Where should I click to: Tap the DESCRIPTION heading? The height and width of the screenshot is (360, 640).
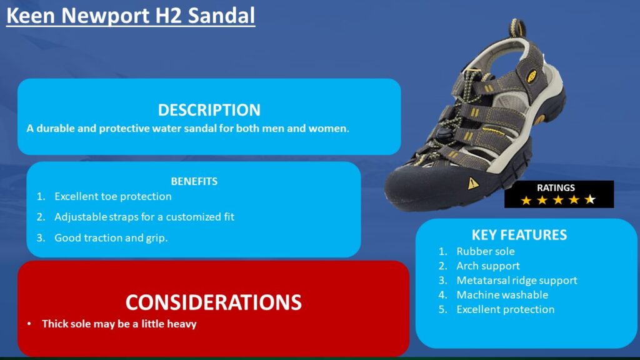(x=209, y=110)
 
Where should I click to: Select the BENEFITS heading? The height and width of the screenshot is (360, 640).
(x=194, y=181)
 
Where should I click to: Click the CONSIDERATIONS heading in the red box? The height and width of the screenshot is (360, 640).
(x=214, y=302)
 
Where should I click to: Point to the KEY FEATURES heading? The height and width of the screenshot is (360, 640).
(x=519, y=235)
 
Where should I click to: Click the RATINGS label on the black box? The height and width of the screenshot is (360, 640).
(x=556, y=187)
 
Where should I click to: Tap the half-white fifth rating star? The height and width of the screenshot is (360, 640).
(x=590, y=199)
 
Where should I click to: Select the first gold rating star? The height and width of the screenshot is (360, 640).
(x=526, y=200)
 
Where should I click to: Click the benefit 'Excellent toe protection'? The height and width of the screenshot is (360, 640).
(x=113, y=196)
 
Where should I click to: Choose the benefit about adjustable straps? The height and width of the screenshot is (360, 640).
(x=144, y=217)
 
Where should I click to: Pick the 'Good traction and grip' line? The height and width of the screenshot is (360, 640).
(x=111, y=237)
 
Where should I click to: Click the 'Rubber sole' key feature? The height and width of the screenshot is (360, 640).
(x=485, y=251)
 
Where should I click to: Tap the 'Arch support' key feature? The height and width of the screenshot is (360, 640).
(x=488, y=266)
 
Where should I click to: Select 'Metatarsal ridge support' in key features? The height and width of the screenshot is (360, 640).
(x=517, y=281)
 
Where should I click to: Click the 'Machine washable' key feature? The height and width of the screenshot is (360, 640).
(x=502, y=295)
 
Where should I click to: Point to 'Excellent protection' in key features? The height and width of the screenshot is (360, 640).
(x=505, y=309)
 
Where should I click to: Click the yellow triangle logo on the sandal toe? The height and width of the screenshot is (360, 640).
(x=472, y=184)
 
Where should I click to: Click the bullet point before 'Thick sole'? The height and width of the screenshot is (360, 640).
(x=29, y=324)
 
